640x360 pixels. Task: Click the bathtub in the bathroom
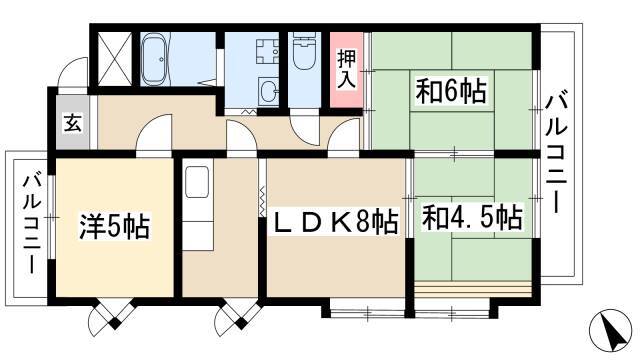tap(157, 61)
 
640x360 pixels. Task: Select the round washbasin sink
tap(268, 92)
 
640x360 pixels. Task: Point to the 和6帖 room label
tap(453, 93)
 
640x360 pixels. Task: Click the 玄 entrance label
tap(72, 124)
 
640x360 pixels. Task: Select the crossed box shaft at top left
tap(112, 58)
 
